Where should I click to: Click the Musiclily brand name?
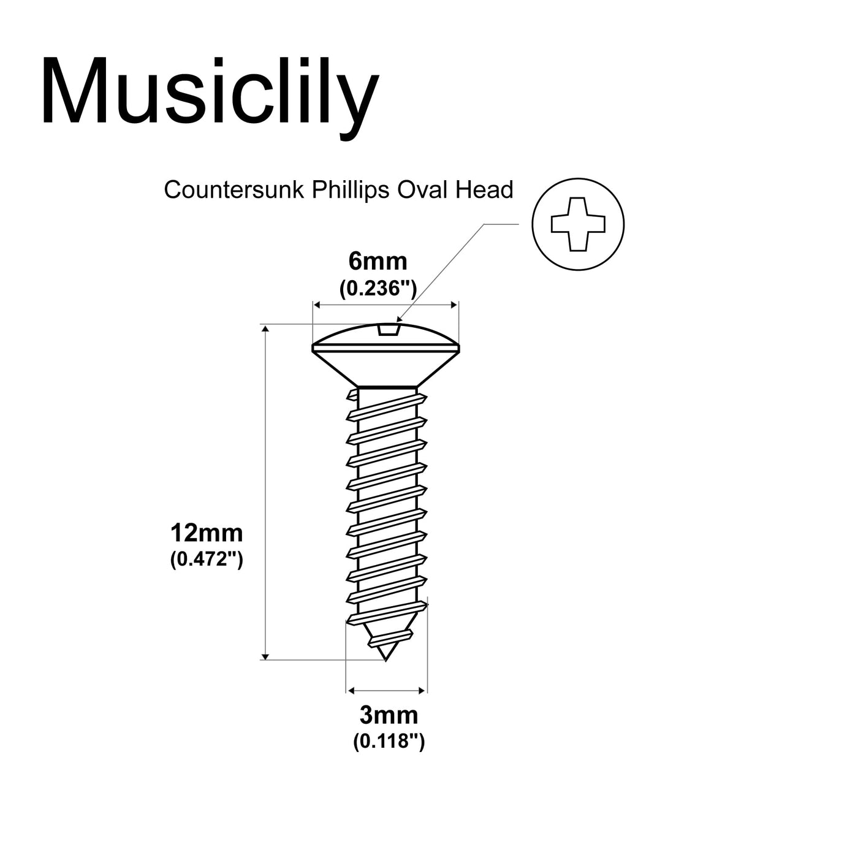(209, 92)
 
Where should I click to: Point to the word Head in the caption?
(484, 190)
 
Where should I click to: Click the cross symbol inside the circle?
(578, 224)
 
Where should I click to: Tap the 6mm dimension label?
(378, 262)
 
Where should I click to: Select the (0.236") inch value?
(378, 287)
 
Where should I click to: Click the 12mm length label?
(207, 533)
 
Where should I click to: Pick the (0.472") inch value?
(207, 560)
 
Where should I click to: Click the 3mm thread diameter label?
(389, 715)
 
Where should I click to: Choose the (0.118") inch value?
(389, 742)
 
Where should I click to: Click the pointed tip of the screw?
(385, 659)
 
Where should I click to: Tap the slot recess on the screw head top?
(389, 330)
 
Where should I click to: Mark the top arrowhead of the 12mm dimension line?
(265, 329)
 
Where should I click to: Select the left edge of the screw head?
(313, 349)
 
